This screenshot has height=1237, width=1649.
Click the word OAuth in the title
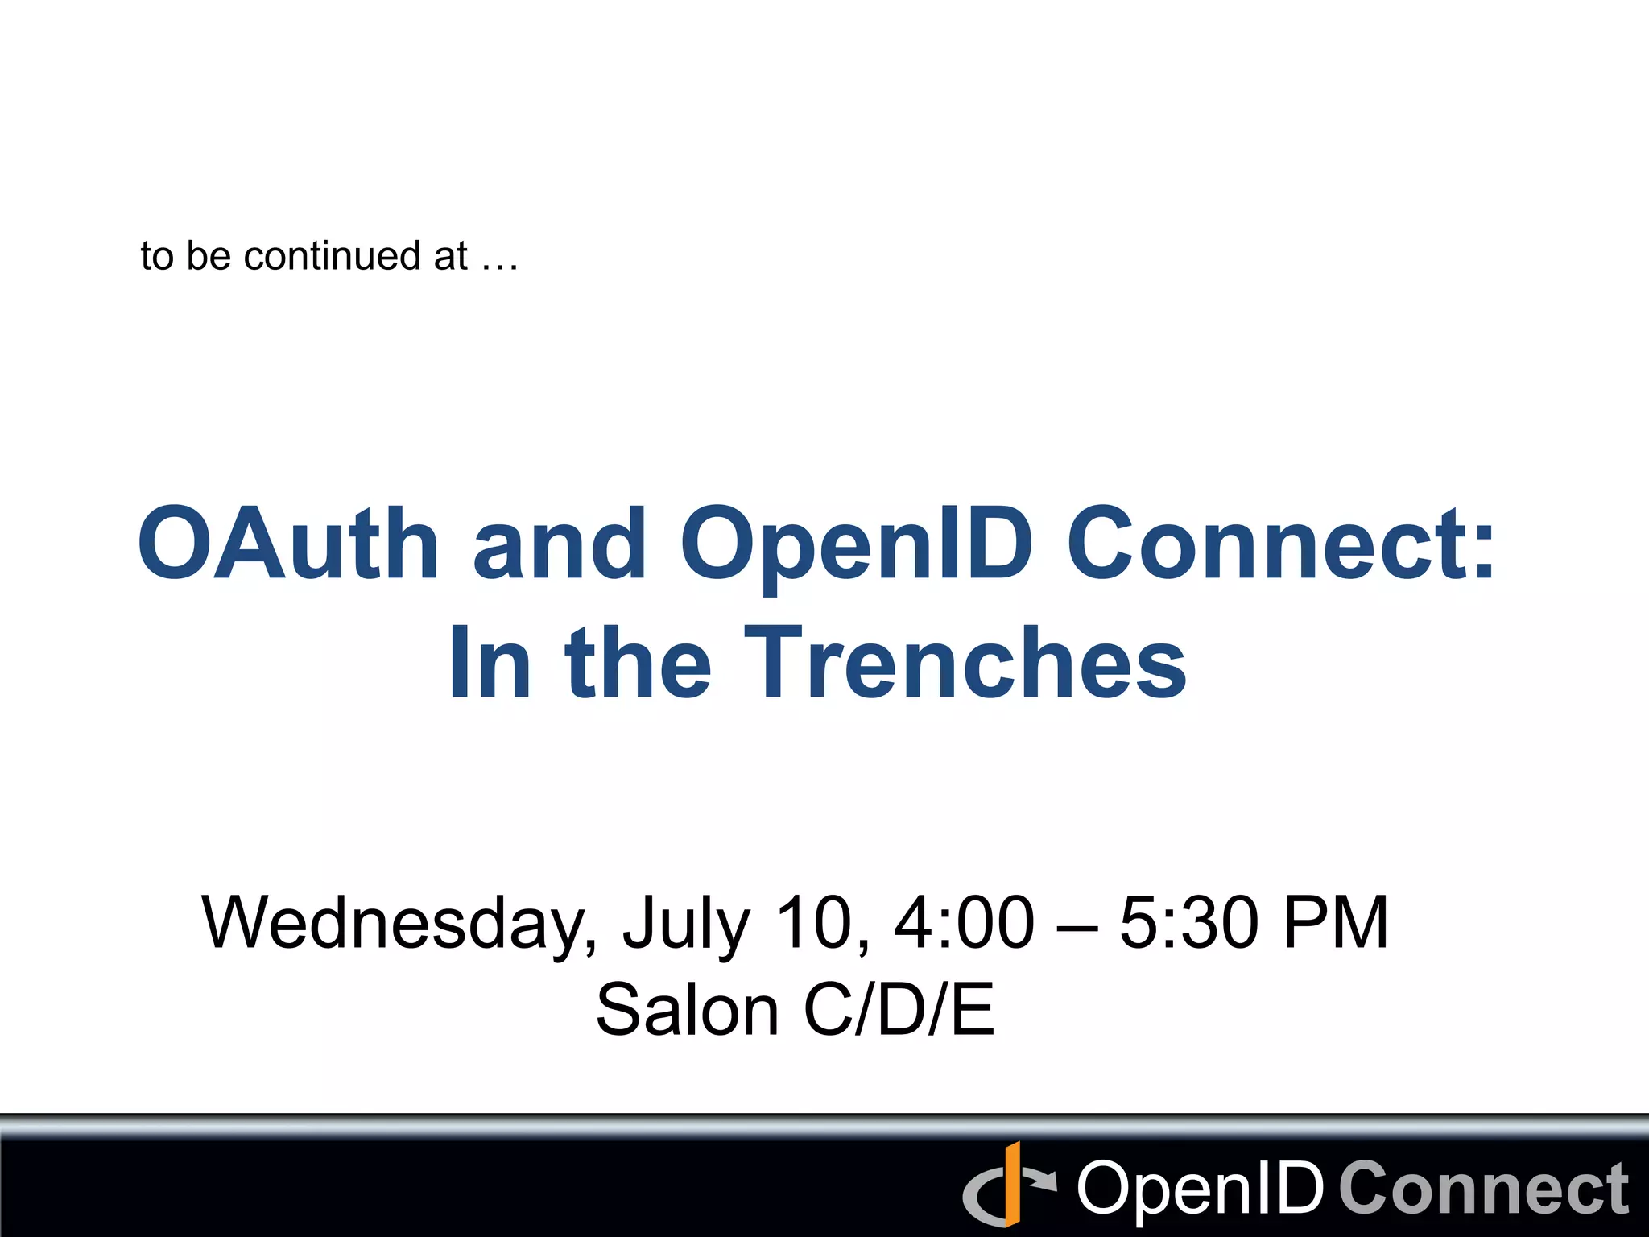point(288,543)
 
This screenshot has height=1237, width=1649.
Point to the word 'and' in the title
point(559,543)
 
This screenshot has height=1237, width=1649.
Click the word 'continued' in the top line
point(332,256)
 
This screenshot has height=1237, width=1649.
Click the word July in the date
point(686,925)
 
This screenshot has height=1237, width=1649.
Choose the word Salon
point(687,1010)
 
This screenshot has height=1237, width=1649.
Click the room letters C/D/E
point(899,1010)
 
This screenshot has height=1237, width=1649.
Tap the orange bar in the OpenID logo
point(1012,1184)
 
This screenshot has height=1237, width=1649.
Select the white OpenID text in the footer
point(1200,1189)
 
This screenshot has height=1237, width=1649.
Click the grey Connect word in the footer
point(1484,1189)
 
